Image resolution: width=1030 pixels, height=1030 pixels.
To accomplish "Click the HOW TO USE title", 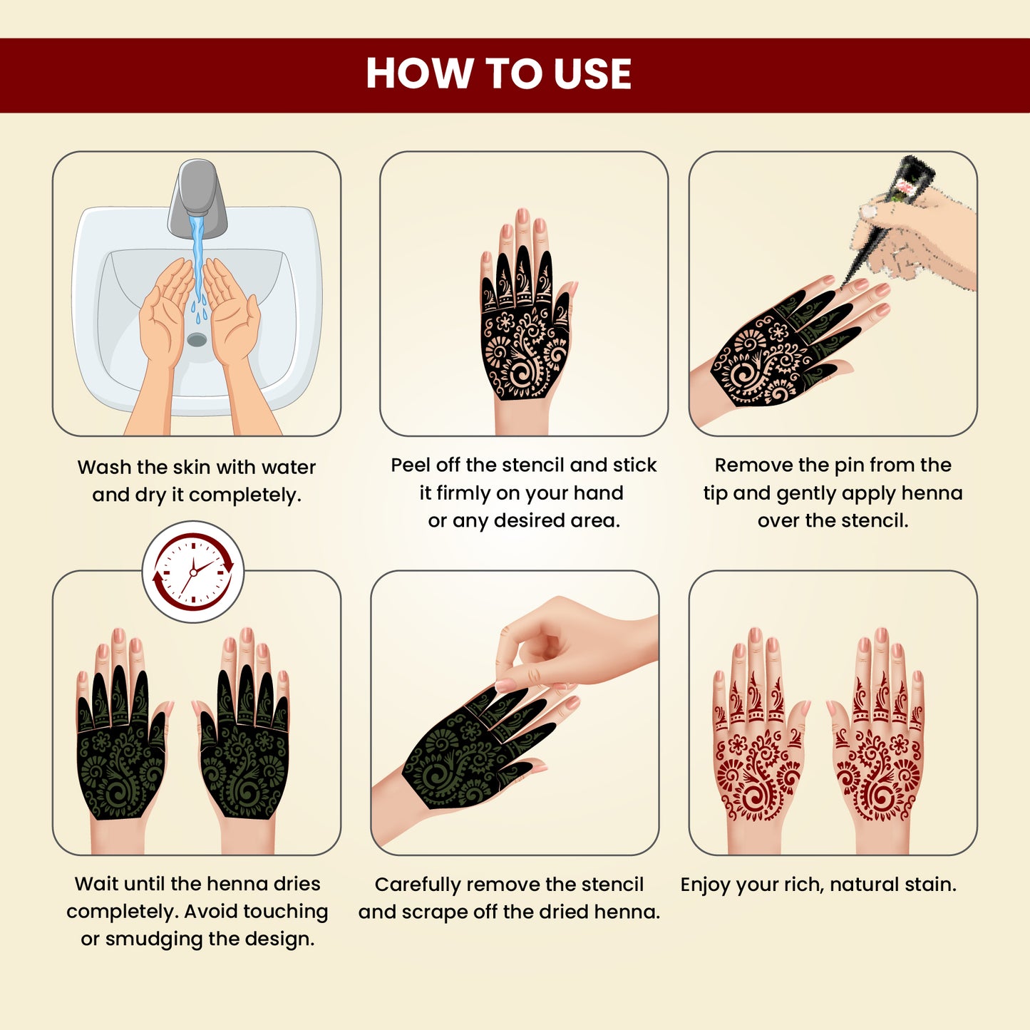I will (x=498, y=74).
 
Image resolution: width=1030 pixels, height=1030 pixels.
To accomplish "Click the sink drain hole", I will (x=197, y=339).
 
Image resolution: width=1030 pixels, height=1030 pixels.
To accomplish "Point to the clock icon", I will (x=193, y=572).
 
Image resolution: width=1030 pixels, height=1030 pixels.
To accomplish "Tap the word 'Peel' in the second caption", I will (x=411, y=465).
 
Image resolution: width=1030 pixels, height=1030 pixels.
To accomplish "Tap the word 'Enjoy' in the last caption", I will (x=705, y=885).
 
